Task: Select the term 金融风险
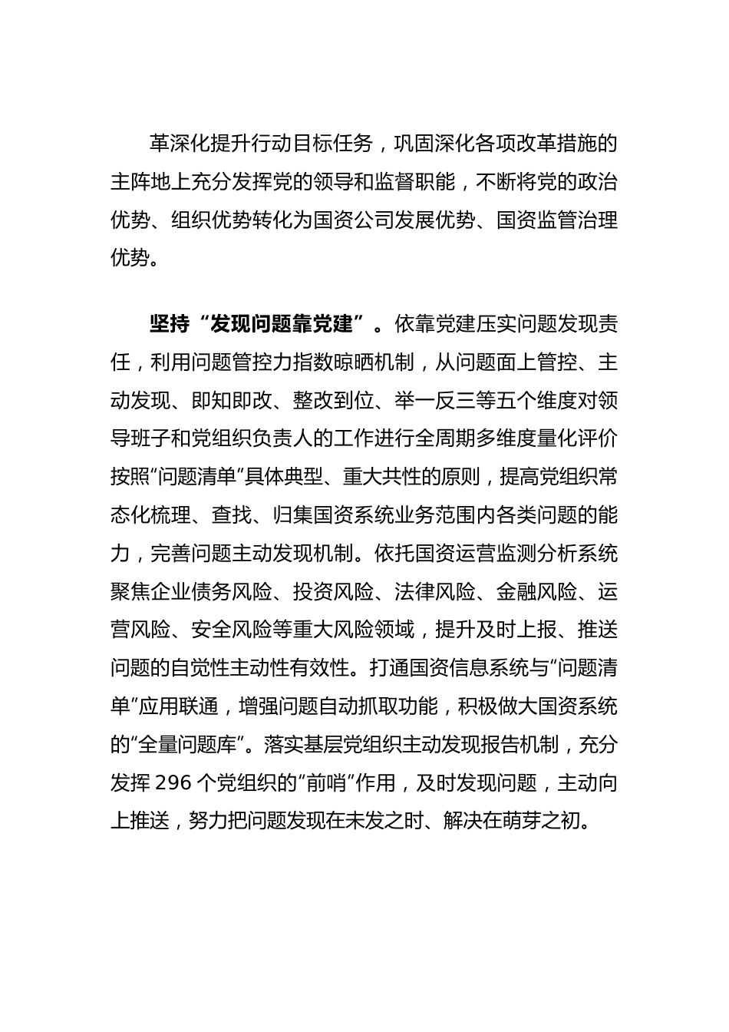[536, 592]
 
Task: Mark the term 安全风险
[231, 630]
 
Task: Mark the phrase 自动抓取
[375, 706]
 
